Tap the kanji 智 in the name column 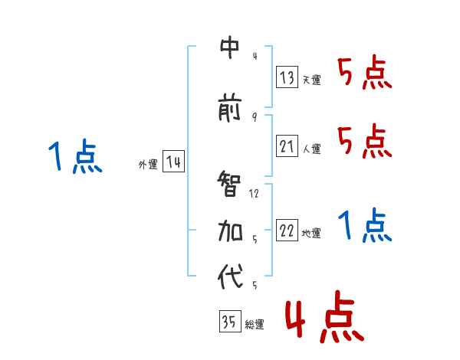point(230,185)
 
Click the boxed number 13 point(287,77)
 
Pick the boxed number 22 point(287,231)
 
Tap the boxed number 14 point(173,162)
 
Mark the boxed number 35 point(229,322)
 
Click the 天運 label point(311,80)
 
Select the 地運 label point(311,234)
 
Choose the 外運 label point(148,164)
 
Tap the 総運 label point(254,325)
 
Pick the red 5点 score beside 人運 point(364,141)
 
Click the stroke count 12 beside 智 point(254,193)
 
